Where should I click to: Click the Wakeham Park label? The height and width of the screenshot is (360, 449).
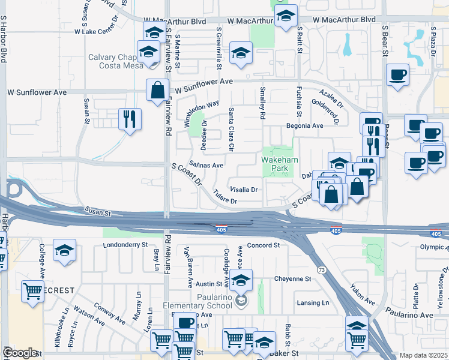point(276,164)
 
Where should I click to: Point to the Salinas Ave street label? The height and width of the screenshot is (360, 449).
point(206,164)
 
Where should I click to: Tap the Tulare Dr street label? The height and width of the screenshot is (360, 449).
point(226,197)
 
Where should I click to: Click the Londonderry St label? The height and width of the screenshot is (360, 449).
point(125,245)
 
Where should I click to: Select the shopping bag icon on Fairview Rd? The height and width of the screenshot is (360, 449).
point(157,91)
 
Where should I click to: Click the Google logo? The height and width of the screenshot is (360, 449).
point(20,353)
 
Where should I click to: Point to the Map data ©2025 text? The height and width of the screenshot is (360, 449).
point(423,355)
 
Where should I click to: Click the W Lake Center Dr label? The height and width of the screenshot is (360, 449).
point(98,31)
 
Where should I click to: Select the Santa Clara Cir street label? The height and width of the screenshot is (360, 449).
point(231,128)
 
